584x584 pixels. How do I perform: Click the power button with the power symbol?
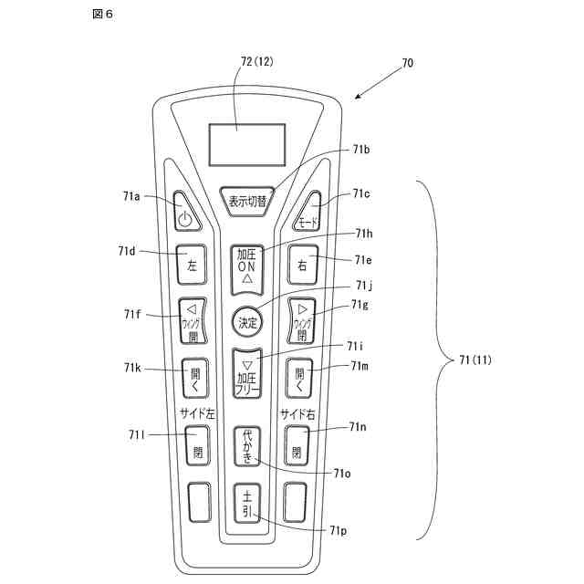(x=184, y=215)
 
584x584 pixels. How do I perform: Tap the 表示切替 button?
(x=247, y=201)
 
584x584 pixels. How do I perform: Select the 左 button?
(x=192, y=266)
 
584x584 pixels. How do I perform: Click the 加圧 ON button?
(x=247, y=267)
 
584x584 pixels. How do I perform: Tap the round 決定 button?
(x=247, y=322)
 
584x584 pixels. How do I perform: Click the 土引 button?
(x=246, y=503)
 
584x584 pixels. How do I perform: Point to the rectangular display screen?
(x=246, y=144)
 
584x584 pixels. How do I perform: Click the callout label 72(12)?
(x=256, y=62)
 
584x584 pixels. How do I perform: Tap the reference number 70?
(x=407, y=64)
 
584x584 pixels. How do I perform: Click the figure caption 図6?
(x=103, y=15)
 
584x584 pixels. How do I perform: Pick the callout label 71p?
(x=338, y=530)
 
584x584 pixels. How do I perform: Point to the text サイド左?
(x=196, y=413)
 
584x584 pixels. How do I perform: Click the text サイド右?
(x=298, y=413)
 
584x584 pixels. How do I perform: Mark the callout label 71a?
(x=130, y=196)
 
